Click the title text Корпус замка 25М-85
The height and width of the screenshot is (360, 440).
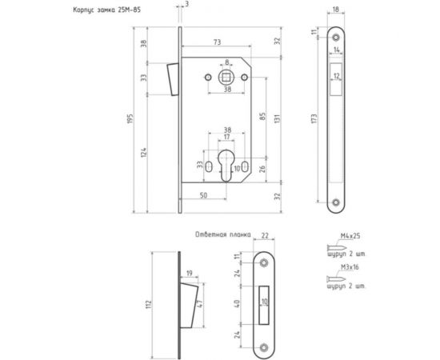point(107,10)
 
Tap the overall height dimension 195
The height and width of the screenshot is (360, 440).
point(130,118)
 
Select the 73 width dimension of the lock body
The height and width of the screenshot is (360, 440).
point(217,42)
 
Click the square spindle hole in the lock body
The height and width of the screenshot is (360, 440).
point(226,77)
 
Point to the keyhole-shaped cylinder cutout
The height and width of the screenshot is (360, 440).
point(226,166)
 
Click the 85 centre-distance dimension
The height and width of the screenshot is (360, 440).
point(262,116)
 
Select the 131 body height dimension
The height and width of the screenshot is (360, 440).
point(277,119)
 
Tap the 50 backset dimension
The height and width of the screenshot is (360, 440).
point(204,195)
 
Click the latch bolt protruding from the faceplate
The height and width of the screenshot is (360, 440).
point(173,79)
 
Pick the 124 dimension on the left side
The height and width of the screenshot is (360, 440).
point(144,152)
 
